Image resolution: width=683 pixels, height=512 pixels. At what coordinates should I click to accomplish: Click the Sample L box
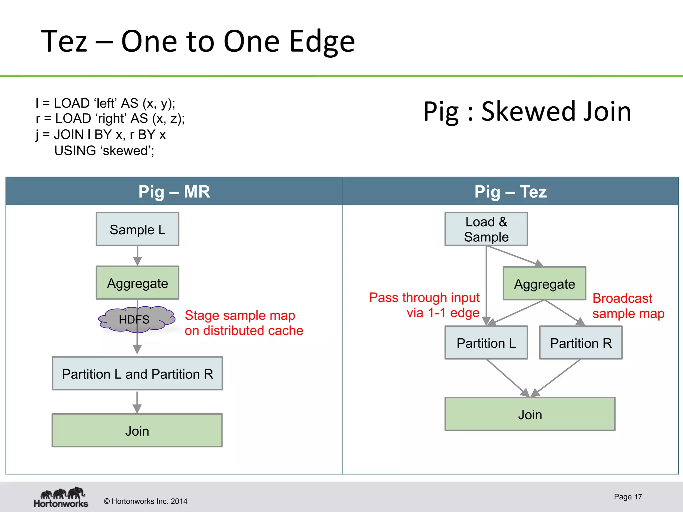137,229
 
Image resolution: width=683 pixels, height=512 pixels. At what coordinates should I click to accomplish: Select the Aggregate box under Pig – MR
137,283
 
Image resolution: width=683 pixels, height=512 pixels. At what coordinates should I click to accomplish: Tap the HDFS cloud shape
136,319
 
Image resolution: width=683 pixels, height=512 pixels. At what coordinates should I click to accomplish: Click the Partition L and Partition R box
137,374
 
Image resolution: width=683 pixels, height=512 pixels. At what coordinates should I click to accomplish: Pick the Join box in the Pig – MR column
137,431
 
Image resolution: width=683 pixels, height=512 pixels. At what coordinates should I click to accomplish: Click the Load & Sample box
486,229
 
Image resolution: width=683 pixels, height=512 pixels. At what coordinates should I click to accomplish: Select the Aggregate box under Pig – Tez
544,284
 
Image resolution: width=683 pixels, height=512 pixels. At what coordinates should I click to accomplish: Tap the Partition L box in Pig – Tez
486,343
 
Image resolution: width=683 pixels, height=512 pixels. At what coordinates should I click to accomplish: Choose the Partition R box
581,343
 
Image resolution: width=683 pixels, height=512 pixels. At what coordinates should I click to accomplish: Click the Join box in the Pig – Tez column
530,414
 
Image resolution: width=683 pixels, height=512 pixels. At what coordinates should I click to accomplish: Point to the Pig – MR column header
174,191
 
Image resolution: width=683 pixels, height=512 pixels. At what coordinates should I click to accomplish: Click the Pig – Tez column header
510,191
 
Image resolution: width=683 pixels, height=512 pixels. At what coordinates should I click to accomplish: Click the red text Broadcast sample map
628,306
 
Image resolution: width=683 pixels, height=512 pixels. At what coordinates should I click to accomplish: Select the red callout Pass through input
424,305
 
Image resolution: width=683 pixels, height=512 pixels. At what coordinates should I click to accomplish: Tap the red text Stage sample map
243,323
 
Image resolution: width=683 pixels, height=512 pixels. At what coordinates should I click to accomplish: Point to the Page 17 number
628,497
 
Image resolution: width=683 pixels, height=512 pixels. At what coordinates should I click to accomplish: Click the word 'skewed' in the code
126,151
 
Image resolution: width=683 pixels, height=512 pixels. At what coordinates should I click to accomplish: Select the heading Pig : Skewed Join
527,111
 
